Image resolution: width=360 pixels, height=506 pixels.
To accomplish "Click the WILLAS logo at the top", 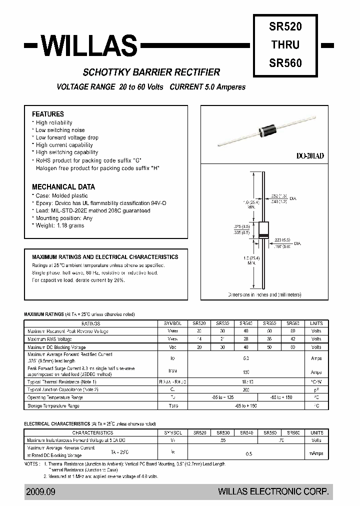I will pos(88,45).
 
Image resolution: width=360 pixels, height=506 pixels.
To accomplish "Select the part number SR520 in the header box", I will pos(285,24).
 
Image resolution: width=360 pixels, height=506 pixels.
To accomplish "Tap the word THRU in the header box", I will pos(285,44).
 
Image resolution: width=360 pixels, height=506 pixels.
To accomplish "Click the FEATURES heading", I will pos(48,114).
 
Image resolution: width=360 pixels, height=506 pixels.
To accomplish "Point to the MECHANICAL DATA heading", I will pos(63,186).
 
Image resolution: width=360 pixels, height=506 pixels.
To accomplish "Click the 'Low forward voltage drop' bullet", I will pos(67,137).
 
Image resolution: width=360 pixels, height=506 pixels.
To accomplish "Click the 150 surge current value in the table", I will pos(246,372).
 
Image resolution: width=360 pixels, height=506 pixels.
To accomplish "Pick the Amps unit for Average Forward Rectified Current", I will pos(316,358).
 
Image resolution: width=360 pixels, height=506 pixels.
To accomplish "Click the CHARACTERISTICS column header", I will pos(92,432).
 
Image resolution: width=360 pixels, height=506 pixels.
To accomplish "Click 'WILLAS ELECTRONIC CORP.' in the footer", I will pos(273,492).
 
